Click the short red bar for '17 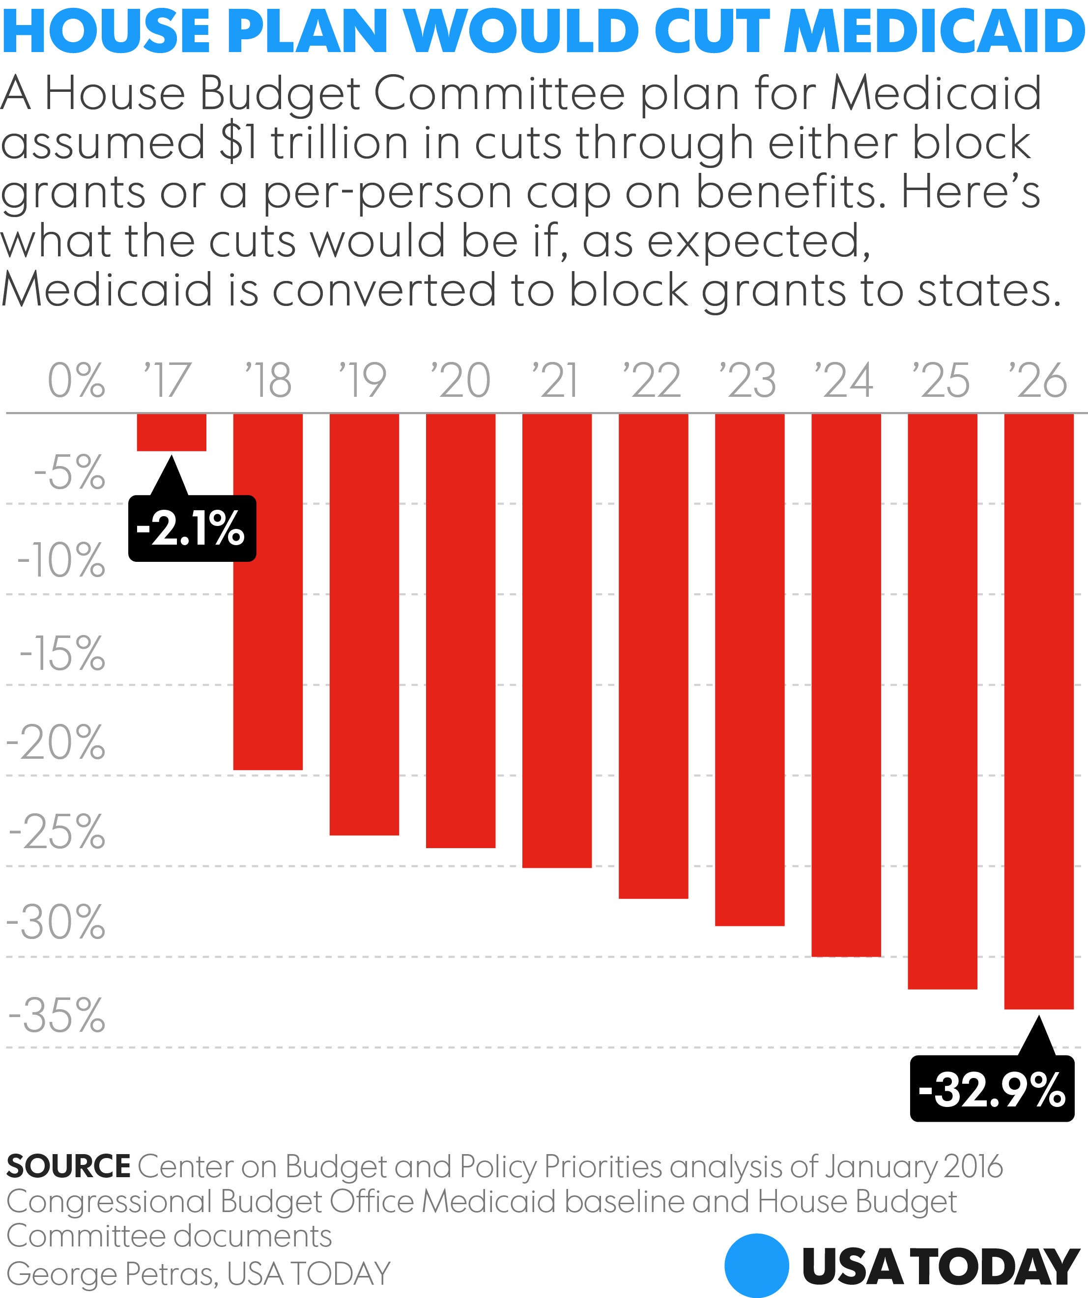[x=172, y=432]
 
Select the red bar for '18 [x=268, y=591]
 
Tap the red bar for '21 [x=557, y=640]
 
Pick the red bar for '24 [x=846, y=685]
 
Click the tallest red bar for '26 [x=1038, y=711]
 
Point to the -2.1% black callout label [x=192, y=529]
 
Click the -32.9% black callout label [x=992, y=1090]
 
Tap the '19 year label [x=363, y=380]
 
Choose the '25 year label [x=941, y=380]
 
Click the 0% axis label [x=76, y=380]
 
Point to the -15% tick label [x=62, y=653]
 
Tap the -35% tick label [x=56, y=1016]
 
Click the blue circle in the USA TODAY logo [x=756, y=1265]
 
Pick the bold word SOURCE [x=68, y=1166]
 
